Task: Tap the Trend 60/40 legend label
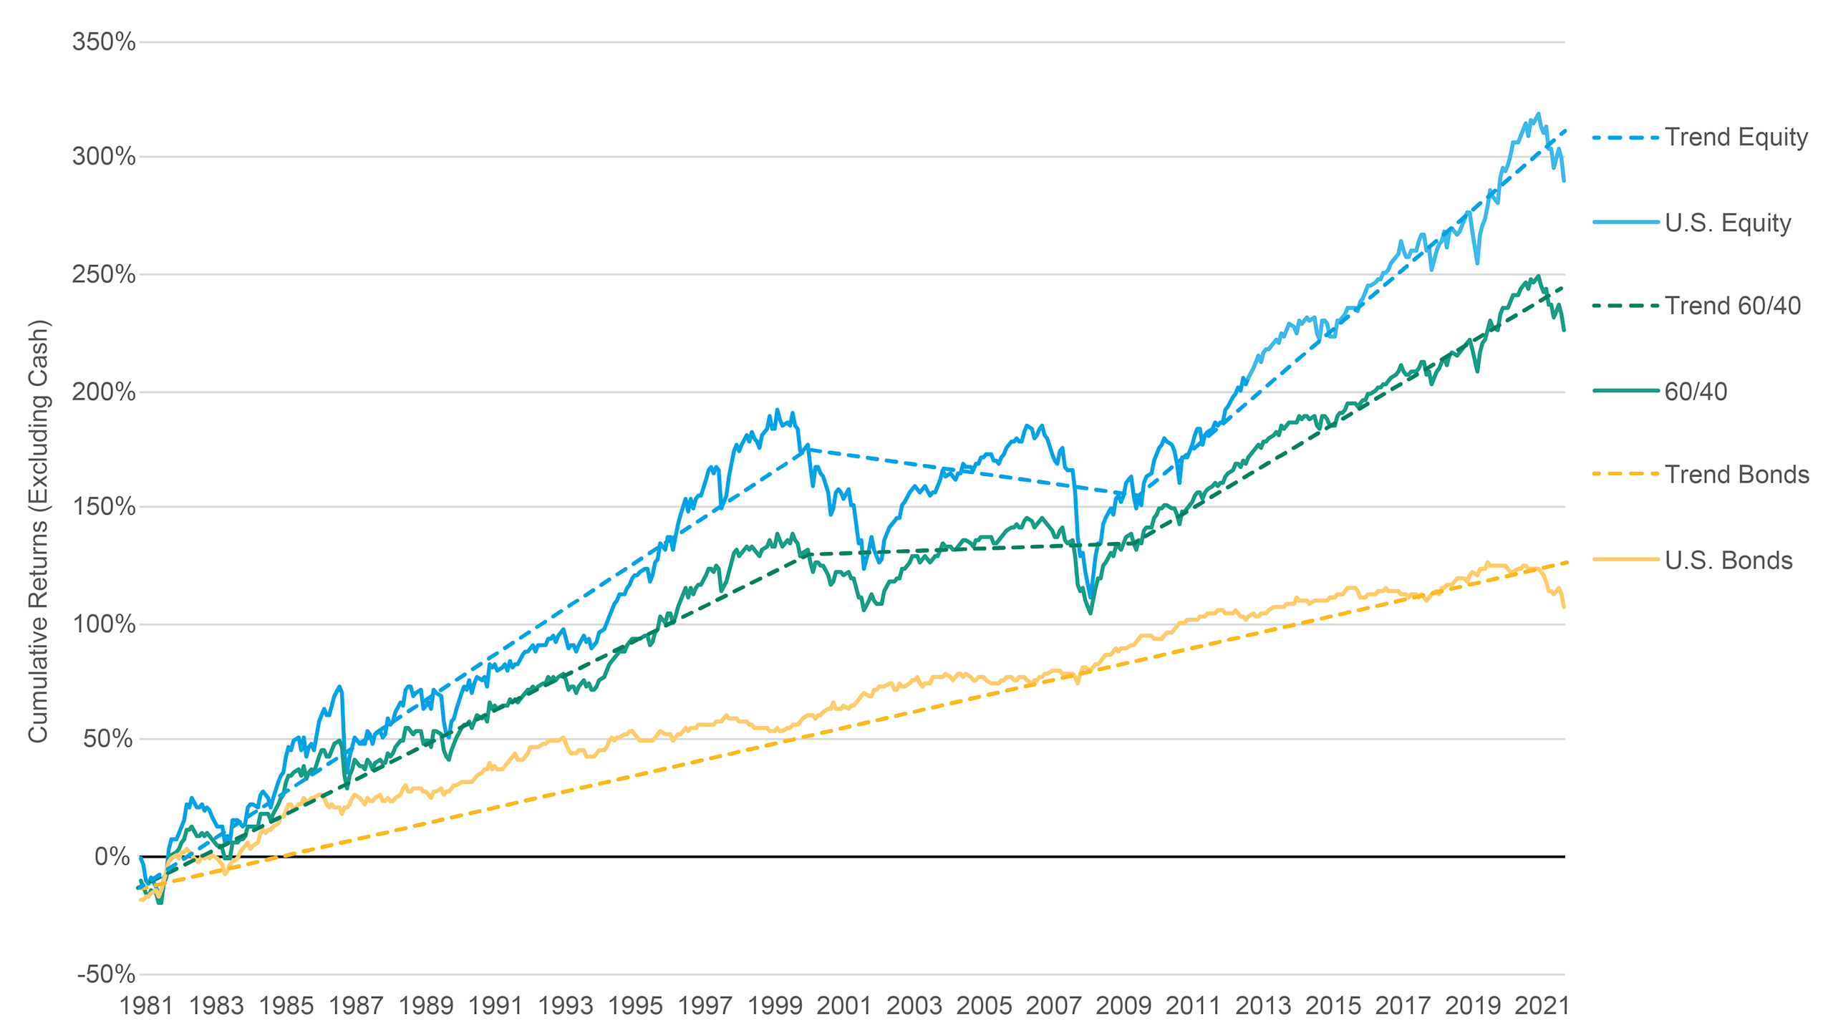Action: (x=1732, y=306)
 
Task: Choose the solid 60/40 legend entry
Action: (x=1695, y=392)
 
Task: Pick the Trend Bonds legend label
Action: (x=1736, y=475)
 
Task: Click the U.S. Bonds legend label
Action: (x=1728, y=560)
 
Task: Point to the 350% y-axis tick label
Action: (x=104, y=42)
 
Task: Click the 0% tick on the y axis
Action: (x=112, y=856)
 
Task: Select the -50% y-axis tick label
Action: (x=106, y=974)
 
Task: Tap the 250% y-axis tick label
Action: (x=104, y=274)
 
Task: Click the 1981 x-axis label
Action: (x=146, y=1006)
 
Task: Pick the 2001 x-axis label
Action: (x=844, y=1006)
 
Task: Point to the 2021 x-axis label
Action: (x=1542, y=1006)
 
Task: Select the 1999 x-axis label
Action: (x=775, y=1006)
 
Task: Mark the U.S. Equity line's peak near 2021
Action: (x=1538, y=114)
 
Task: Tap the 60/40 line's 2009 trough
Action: (x=1090, y=613)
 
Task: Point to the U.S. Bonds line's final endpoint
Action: (x=1564, y=607)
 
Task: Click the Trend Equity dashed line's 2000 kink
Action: (x=808, y=450)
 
